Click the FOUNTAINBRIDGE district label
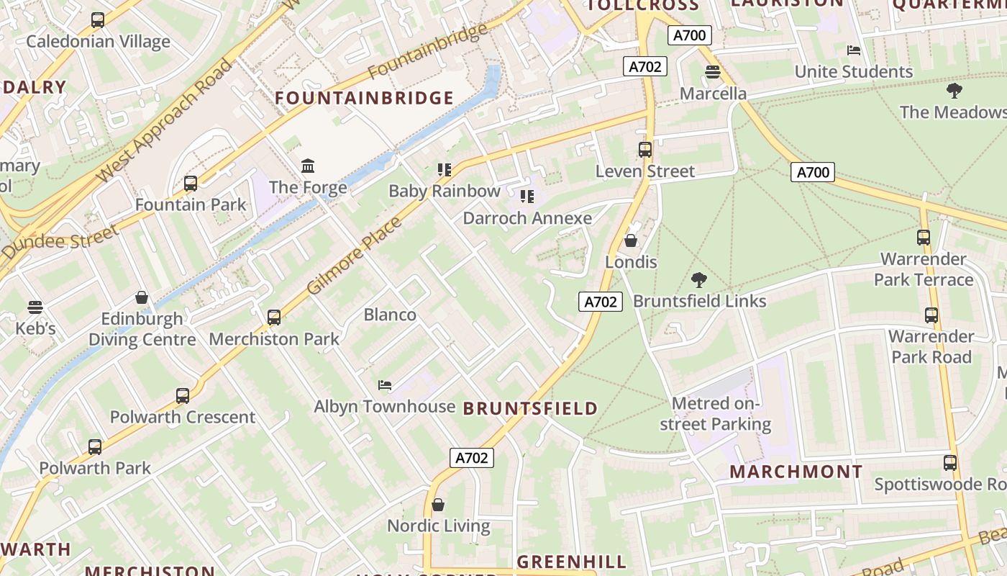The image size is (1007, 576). pyautogui.click(x=365, y=98)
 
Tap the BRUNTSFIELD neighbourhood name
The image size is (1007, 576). pyautogui.click(x=530, y=409)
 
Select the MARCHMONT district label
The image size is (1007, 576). pyautogui.click(x=796, y=472)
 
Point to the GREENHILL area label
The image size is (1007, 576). pyautogui.click(x=572, y=562)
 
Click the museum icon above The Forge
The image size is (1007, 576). pyautogui.click(x=308, y=166)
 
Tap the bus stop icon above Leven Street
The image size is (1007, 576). pyautogui.click(x=644, y=150)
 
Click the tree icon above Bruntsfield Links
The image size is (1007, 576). pyautogui.click(x=698, y=280)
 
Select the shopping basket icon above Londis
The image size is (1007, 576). pyautogui.click(x=631, y=240)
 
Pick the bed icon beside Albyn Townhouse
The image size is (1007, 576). pyautogui.click(x=385, y=385)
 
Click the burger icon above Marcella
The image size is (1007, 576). pyautogui.click(x=713, y=72)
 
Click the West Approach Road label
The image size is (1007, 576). pyautogui.click(x=165, y=120)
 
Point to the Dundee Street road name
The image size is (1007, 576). pyautogui.click(x=60, y=243)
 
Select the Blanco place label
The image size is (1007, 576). pyautogui.click(x=390, y=315)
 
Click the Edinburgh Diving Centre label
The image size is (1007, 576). pyautogui.click(x=142, y=329)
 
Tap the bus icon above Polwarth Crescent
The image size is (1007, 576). pyautogui.click(x=183, y=396)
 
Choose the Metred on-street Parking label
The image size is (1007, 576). pyautogui.click(x=715, y=414)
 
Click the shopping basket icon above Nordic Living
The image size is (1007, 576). pyautogui.click(x=438, y=505)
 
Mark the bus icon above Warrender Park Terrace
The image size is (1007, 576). pyautogui.click(x=923, y=238)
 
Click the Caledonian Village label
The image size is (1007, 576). pyautogui.click(x=98, y=41)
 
